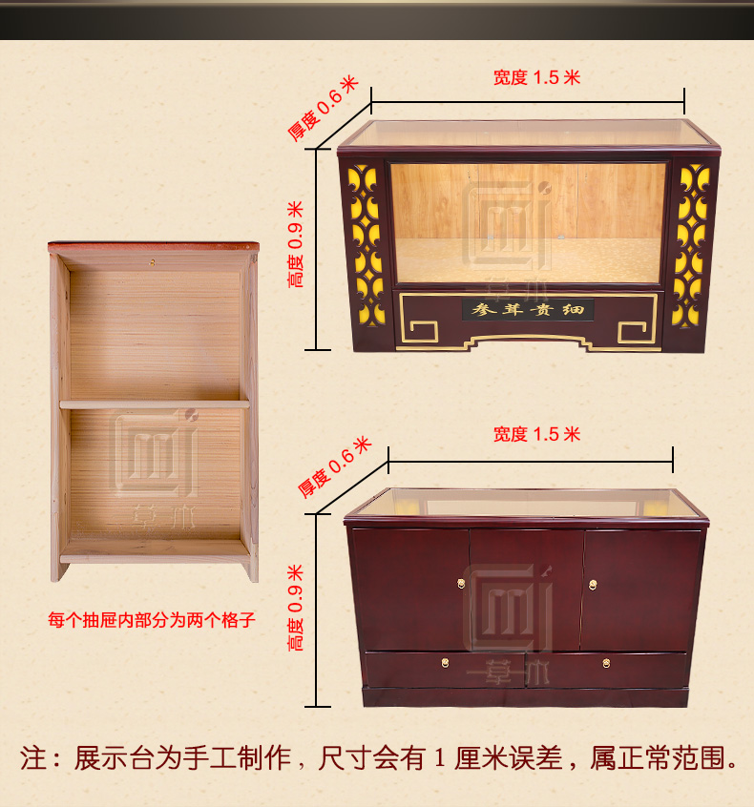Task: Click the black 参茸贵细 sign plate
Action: click(x=528, y=310)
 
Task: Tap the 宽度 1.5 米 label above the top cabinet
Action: click(x=537, y=77)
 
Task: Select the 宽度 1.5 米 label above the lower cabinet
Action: click(x=537, y=434)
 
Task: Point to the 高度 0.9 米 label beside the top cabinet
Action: click(x=296, y=244)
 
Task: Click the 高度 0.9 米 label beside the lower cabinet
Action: click(x=296, y=608)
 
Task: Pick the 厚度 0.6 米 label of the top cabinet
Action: click(x=323, y=108)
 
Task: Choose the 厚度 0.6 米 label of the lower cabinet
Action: click(x=334, y=466)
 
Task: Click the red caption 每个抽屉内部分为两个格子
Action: click(x=152, y=620)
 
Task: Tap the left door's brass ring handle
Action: click(x=461, y=583)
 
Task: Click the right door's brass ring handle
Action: click(x=593, y=585)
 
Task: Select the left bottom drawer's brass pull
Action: click(x=445, y=663)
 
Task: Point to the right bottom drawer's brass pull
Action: click(x=607, y=663)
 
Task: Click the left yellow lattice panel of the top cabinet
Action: click(x=367, y=245)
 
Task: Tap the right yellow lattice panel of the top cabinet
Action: click(x=691, y=245)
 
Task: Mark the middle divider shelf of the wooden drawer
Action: click(x=155, y=404)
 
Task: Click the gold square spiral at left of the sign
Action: click(x=424, y=332)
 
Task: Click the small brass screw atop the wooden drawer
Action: click(x=153, y=262)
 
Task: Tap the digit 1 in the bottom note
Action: click(x=439, y=758)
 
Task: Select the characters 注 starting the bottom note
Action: click(x=33, y=758)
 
